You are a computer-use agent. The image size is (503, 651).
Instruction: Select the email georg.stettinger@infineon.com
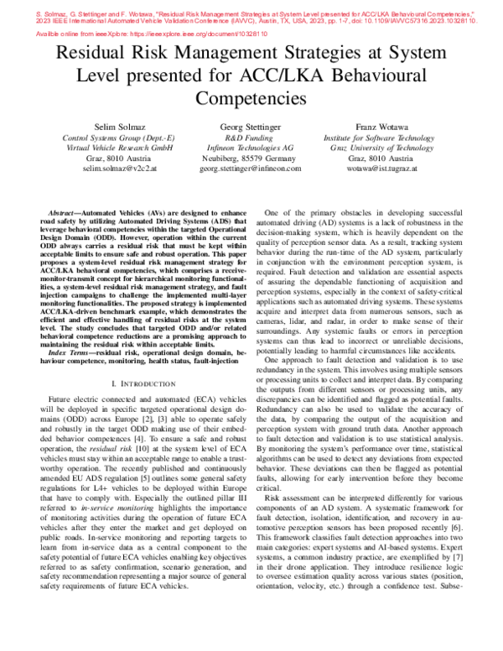pyautogui.click(x=251, y=169)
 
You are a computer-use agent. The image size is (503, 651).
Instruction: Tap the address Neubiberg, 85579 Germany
pyautogui.click(x=251, y=157)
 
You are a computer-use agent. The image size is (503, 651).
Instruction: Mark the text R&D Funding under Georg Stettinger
pyautogui.click(x=251, y=136)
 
